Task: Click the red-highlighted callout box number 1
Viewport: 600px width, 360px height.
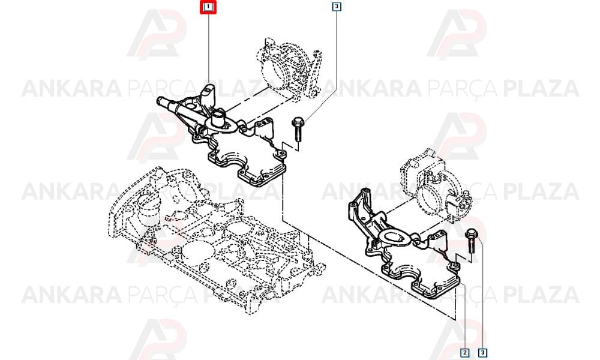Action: click(208, 7)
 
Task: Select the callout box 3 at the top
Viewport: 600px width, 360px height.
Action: click(337, 7)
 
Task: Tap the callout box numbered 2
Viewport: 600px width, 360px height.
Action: click(464, 352)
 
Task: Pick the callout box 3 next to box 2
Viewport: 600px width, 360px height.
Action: click(483, 352)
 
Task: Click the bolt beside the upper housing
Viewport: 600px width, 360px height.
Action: click(298, 130)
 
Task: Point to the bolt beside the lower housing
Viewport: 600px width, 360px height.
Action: click(470, 241)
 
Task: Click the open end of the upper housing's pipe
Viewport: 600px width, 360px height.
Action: click(160, 101)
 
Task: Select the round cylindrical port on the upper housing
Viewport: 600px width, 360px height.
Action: click(218, 119)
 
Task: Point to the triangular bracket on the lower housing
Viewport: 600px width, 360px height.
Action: click(359, 209)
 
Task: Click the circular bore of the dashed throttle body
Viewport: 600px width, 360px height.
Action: click(273, 70)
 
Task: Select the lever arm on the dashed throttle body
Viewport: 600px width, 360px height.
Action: click(316, 73)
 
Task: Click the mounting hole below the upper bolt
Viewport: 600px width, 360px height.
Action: click(282, 154)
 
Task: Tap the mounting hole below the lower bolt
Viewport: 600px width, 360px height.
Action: click(455, 266)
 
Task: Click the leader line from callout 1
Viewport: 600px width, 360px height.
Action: click(208, 48)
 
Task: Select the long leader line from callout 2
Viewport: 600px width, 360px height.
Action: click(464, 316)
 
